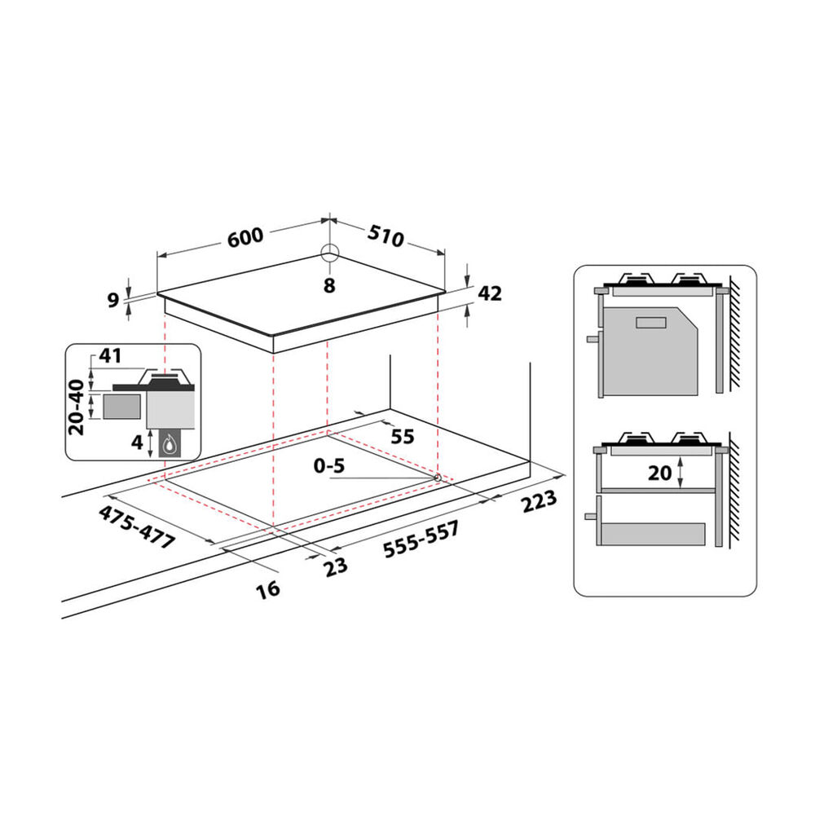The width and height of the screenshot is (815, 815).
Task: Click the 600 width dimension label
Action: [245, 237]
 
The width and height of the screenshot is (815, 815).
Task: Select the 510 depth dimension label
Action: [385, 236]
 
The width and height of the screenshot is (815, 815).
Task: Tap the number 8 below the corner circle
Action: [329, 285]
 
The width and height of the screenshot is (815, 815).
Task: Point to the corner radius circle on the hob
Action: [329, 254]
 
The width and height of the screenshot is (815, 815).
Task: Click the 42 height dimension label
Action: [490, 293]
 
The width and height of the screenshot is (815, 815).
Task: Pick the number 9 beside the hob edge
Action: [113, 300]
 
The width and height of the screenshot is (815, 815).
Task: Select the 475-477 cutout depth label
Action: [137, 527]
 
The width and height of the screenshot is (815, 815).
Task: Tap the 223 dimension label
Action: [539, 501]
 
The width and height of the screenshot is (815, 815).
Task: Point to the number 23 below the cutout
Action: [336, 566]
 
